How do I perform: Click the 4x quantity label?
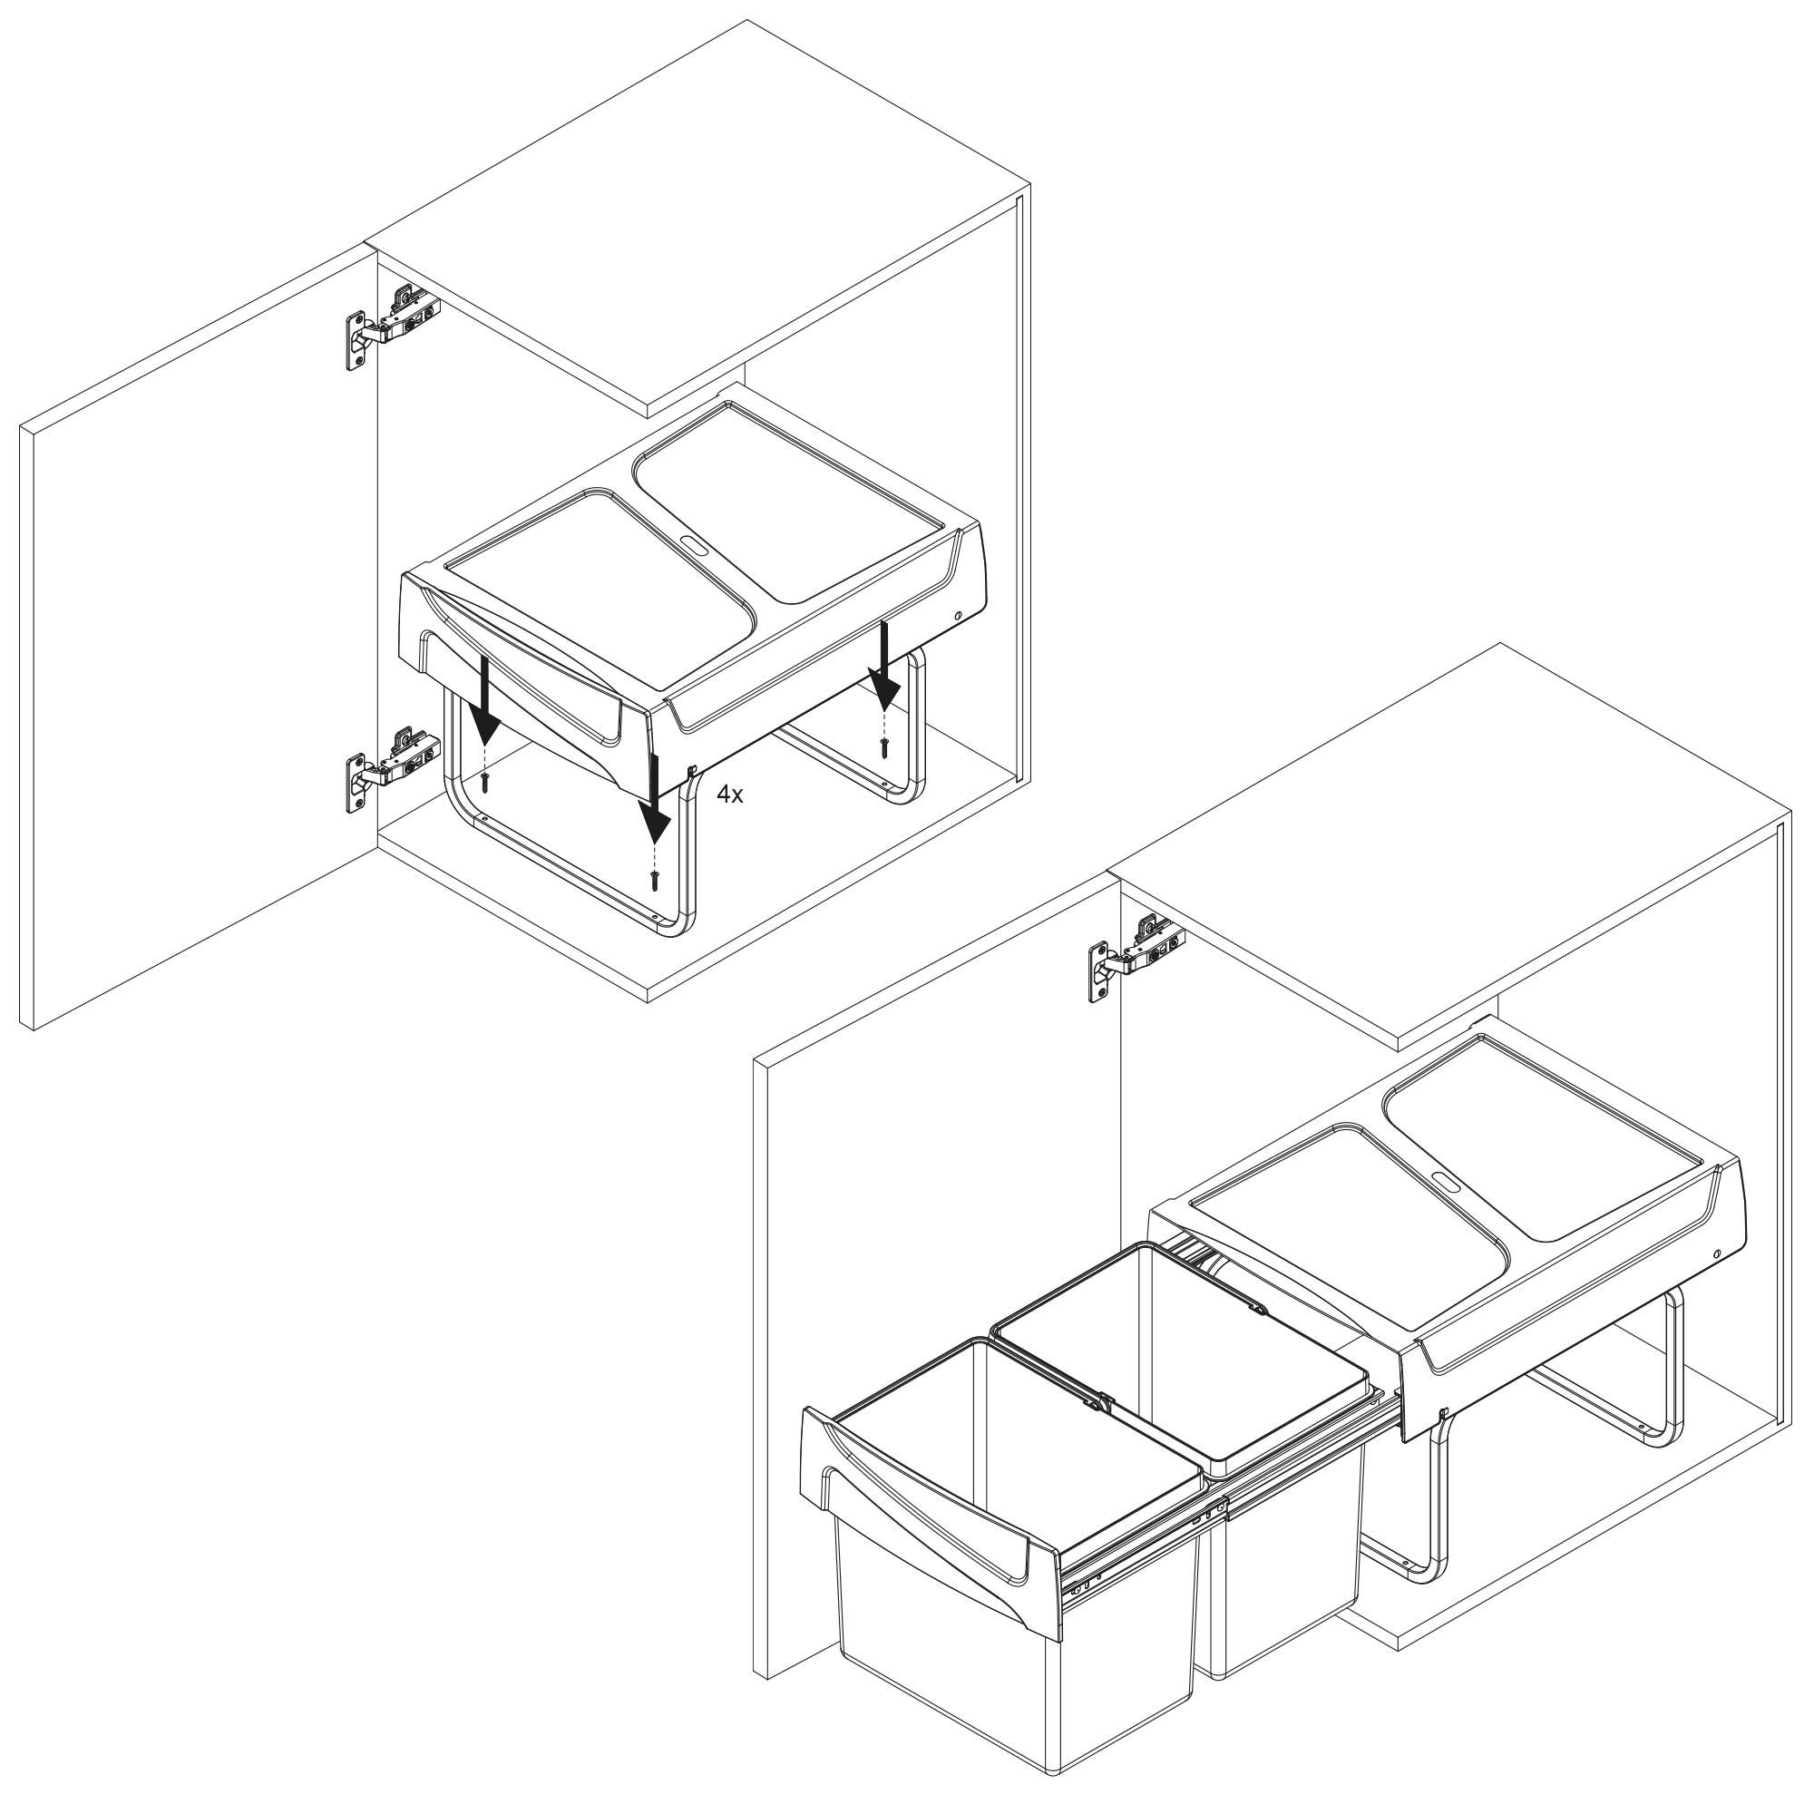point(729,795)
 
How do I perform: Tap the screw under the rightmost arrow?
point(884,746)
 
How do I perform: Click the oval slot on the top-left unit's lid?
point(695,544)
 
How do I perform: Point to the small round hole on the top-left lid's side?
point(957,617)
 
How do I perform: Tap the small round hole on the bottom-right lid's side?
point(1716,1254)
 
